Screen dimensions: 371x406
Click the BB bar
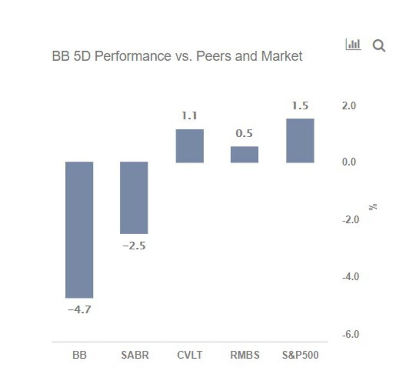coord(79,230)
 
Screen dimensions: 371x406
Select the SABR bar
coord(134,197)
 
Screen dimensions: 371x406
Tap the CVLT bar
coord(190,146)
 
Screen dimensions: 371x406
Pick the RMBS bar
coord(244,155)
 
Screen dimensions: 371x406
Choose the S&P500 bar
coord(300,141)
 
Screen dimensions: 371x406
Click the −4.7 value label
coord(79,310)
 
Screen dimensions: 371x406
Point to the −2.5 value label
coord(134,246)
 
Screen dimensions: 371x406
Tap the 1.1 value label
coord(190,115)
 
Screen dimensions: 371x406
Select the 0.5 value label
coord(244,133)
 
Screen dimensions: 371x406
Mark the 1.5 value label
coord(300,106)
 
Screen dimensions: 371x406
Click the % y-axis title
coord(373,207)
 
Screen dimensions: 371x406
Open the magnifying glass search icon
coord(379,45)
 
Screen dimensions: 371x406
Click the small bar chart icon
coord(353,44)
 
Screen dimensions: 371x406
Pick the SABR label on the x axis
coord(134,355)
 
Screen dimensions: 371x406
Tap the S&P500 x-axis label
coord(300,355)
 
